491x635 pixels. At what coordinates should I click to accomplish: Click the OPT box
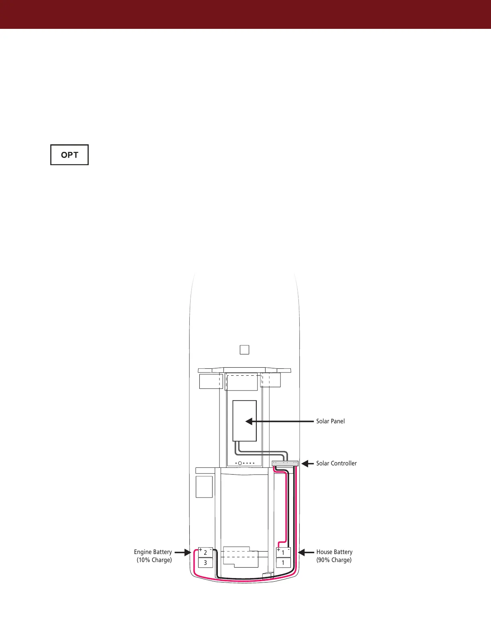(69, 155)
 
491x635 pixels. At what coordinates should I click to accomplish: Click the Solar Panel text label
(330, 421)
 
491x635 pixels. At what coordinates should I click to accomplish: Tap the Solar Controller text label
(336, 463)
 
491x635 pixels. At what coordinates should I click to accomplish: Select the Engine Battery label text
(153, 552)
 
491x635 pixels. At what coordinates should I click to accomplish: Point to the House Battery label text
(334, 552)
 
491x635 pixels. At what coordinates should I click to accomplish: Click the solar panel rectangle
(244, 421)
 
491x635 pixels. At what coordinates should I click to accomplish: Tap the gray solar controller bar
(285, 463)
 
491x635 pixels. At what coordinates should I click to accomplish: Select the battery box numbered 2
(205, 553)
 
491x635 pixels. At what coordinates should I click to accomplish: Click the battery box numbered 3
(205, 563)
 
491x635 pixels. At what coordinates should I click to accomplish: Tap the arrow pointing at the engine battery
(183, 552)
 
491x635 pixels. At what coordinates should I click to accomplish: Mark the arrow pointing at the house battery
(307, 552)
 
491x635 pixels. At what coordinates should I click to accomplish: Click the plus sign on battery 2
(201, 550)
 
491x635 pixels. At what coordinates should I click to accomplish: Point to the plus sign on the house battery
(278, 550)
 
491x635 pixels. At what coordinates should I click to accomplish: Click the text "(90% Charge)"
(334, 560)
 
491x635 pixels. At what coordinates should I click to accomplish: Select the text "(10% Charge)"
(154, 560)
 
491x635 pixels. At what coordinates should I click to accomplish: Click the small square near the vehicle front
(244, 350)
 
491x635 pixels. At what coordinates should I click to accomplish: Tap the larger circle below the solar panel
(239, 463)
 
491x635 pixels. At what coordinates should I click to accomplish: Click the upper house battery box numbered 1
(283, 553)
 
